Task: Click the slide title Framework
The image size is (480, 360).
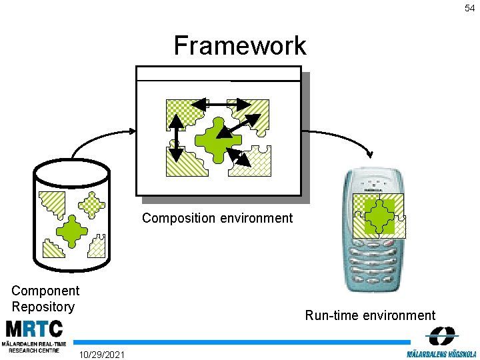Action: pos(240,46)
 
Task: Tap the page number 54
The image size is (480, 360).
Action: pos(470,8)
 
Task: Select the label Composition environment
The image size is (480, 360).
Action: pos(217,218)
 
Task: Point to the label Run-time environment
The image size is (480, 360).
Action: pos(370,315)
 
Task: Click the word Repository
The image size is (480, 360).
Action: pos(43,307)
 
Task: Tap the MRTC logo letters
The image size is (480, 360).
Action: pos(34,329)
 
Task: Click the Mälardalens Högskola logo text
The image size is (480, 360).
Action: pos(441,352)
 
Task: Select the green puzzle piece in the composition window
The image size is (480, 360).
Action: pos(217,138)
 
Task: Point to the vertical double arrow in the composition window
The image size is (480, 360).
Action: pos(176,138)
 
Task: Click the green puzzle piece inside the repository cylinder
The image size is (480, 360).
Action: pos(71,231)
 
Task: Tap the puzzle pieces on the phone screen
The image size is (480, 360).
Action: pos(379,215)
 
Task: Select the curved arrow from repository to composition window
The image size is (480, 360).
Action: pos(100,137)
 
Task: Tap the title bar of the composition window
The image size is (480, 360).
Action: pos(219,73)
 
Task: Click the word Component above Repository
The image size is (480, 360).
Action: pos(45,291)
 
